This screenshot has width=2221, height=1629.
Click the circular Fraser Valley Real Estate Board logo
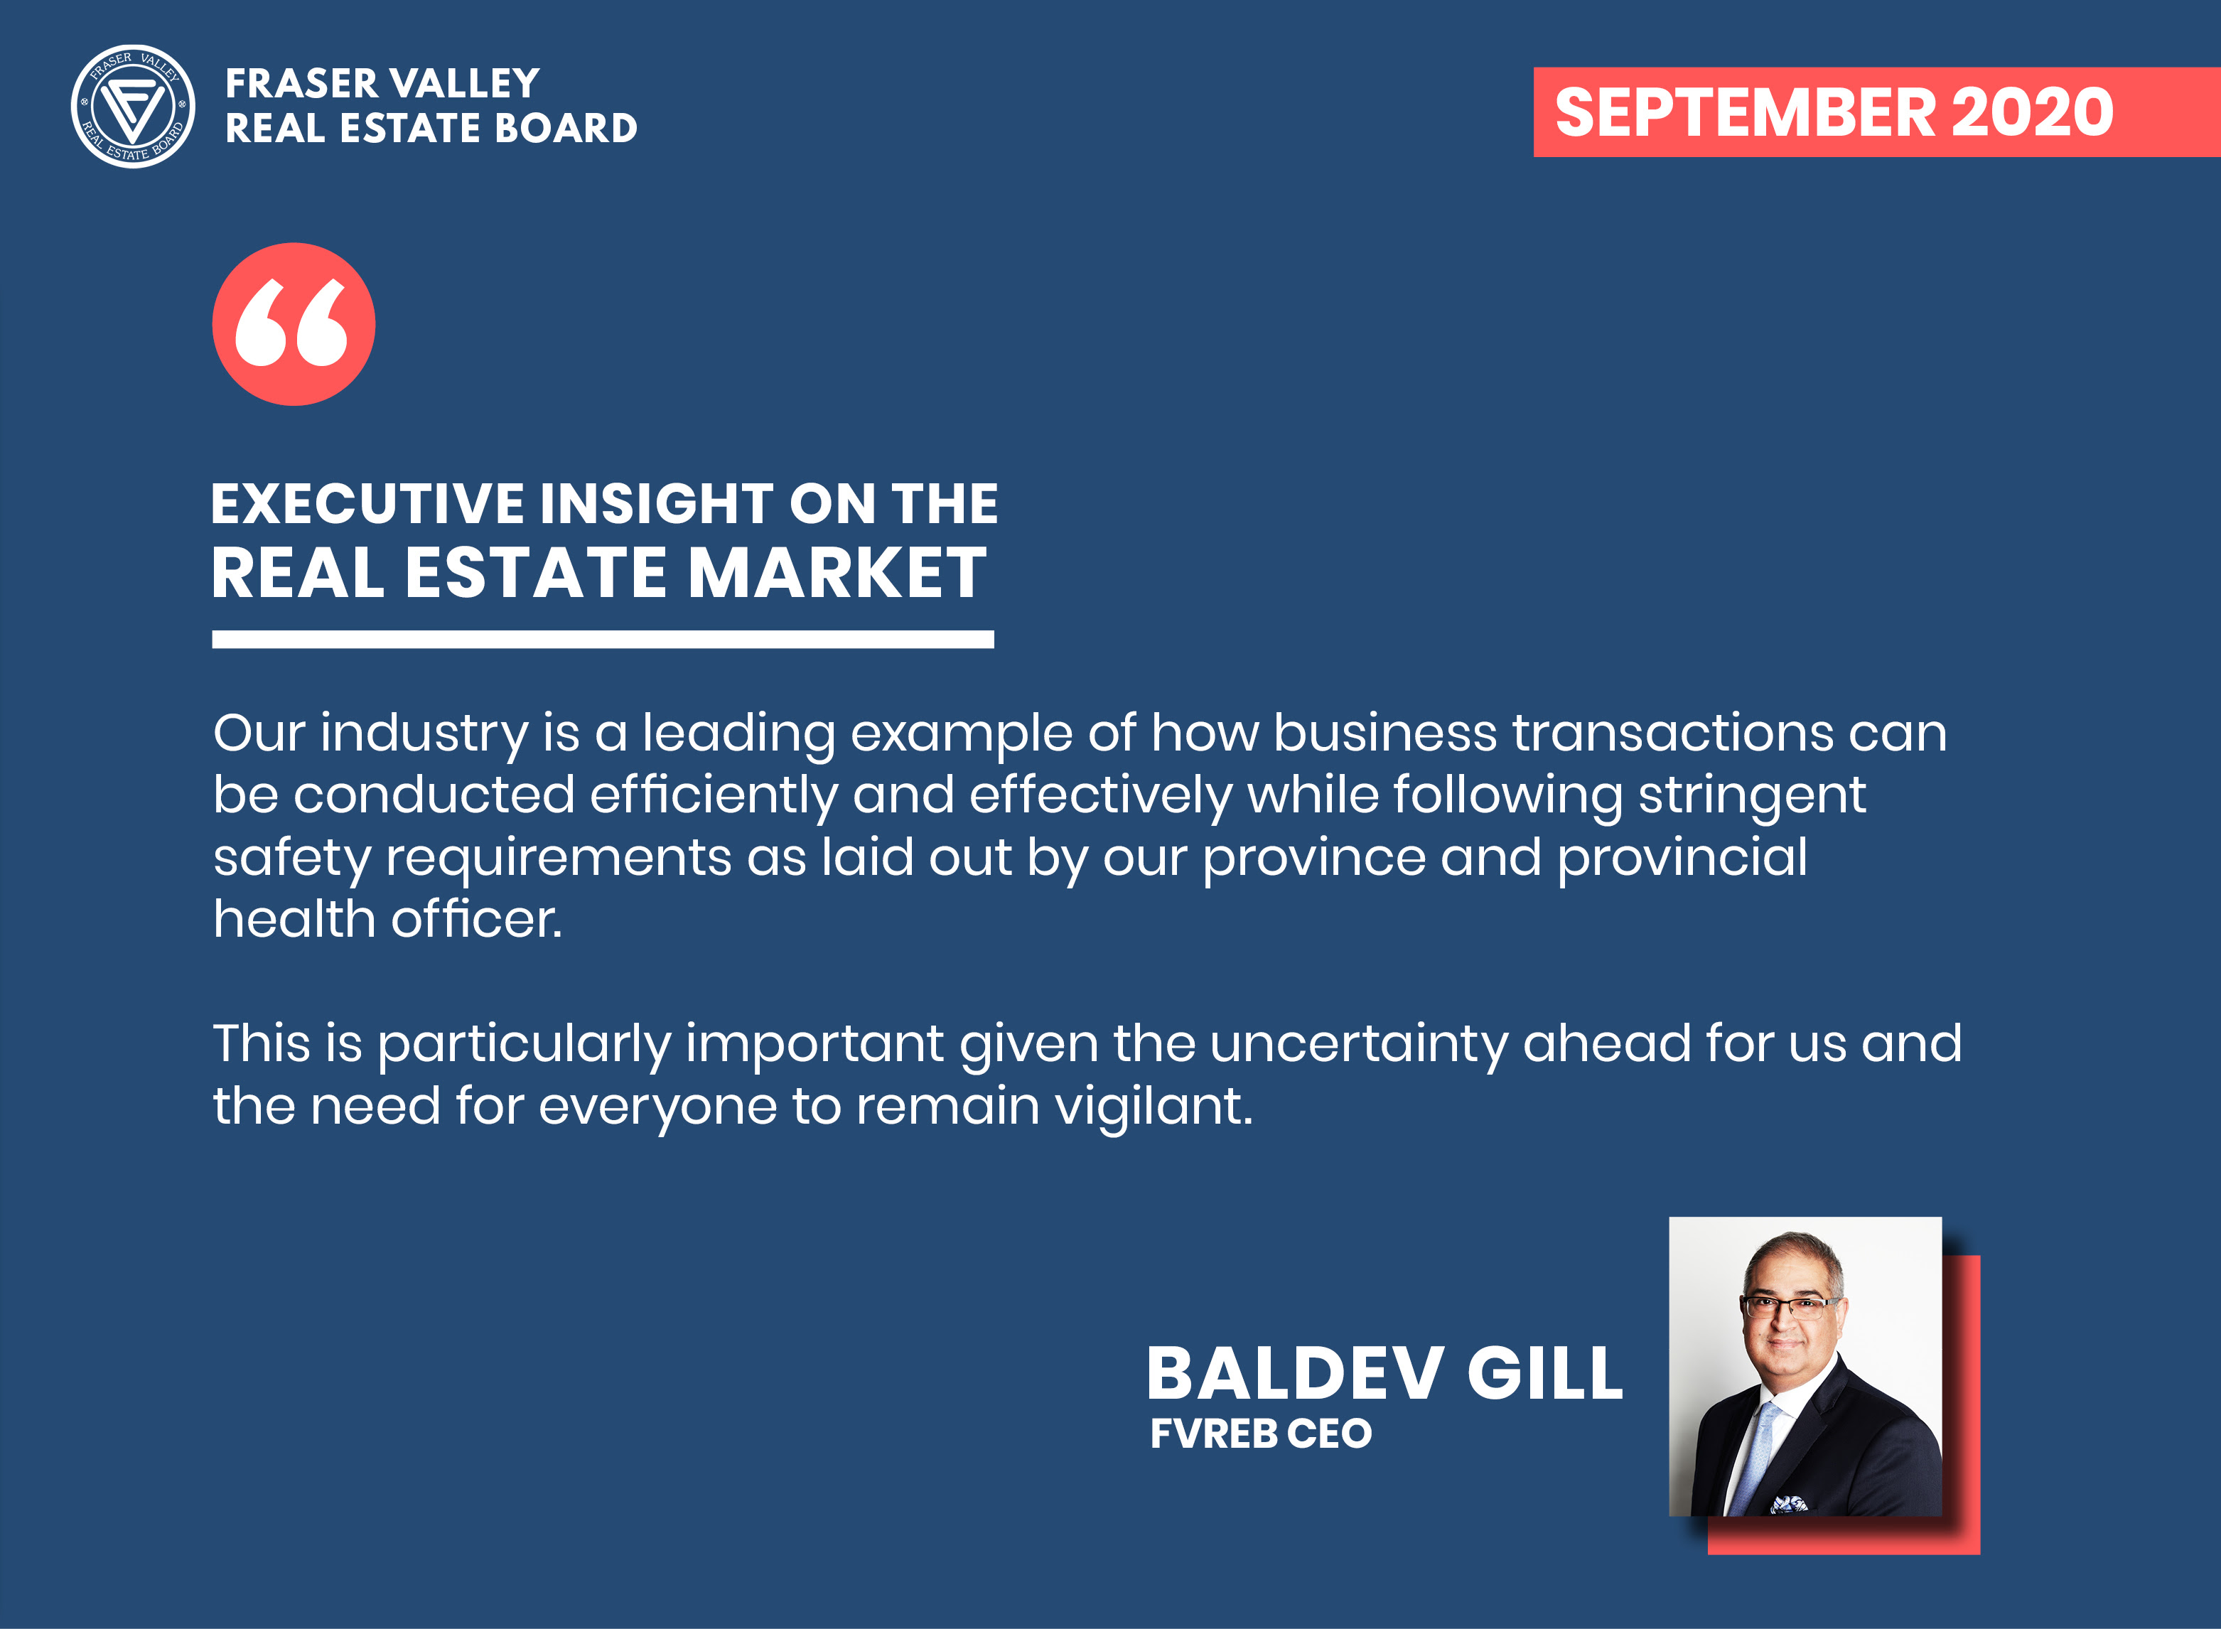click(133, 107)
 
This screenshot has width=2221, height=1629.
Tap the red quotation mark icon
click(294, 324)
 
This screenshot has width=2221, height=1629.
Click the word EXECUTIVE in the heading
click(367, 504)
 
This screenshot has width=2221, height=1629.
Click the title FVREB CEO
click(1261, 1434)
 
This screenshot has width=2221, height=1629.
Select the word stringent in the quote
click(1752, 796)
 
